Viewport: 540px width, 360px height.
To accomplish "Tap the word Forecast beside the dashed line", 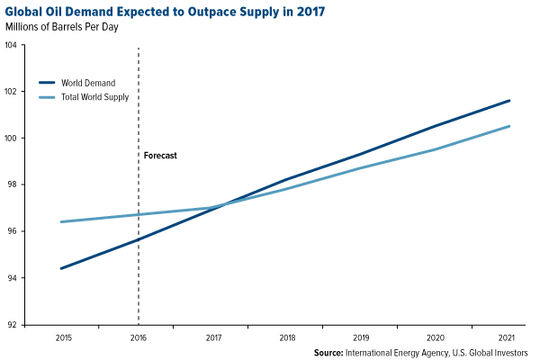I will (160, 156).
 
